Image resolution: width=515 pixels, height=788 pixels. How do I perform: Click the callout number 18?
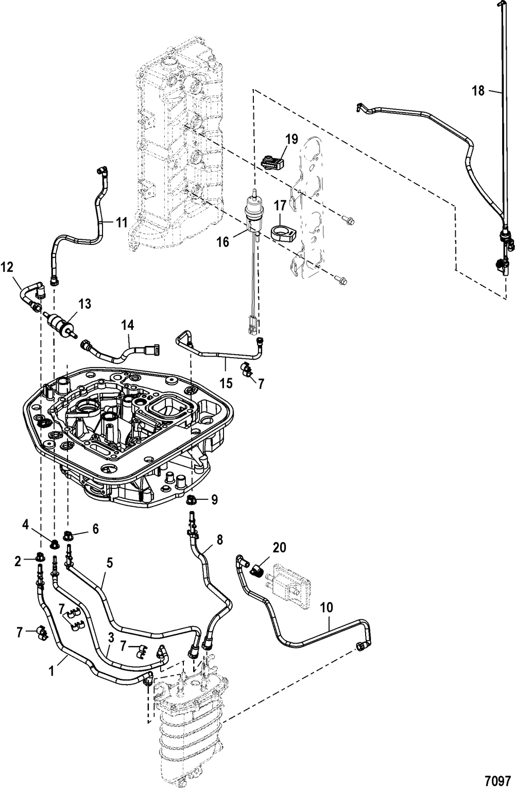coord(478,91)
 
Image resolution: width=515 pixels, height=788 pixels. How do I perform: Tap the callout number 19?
coord(292,139)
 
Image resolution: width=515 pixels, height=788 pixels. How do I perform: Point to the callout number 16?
coord(223,242)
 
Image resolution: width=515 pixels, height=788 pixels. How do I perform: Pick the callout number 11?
coord(122,223)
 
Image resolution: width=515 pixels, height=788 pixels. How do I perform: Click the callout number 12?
coord(7,268)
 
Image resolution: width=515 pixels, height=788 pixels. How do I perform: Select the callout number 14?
coord(128,325)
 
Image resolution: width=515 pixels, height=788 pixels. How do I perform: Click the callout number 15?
coord(227,383)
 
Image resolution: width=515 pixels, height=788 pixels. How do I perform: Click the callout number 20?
coord(279,547)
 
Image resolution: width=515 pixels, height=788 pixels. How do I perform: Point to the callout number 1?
coord(51,671)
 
